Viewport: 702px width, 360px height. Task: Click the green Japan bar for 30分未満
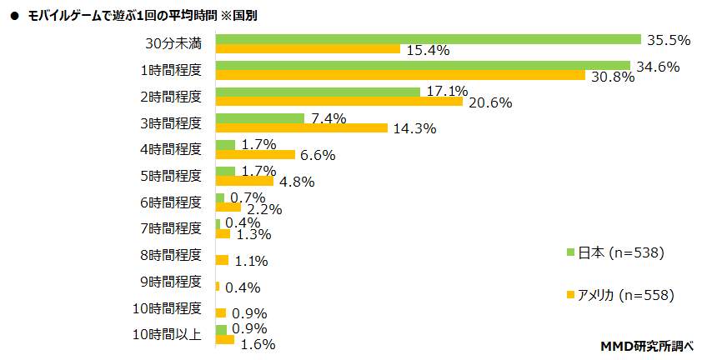[x=428, y=39]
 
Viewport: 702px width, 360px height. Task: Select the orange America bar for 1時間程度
[x=400, y=76]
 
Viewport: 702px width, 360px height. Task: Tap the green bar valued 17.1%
[x=318, y=92]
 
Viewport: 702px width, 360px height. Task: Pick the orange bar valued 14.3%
[x=301, y=128]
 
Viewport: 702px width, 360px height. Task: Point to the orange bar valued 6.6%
[x=255, y=154]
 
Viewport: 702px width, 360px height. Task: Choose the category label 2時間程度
[x=171, y=97]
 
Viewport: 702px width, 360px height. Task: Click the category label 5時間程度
[x=171, y=176]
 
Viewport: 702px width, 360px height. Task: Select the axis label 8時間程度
[x=171, y=255]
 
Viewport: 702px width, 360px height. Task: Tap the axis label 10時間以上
[x=168, y=334]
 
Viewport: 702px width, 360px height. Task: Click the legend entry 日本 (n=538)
[x=619, y=252]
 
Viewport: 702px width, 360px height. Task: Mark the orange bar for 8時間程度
[x=222, y=260]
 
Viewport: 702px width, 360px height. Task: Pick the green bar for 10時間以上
[x=221, y=329]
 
